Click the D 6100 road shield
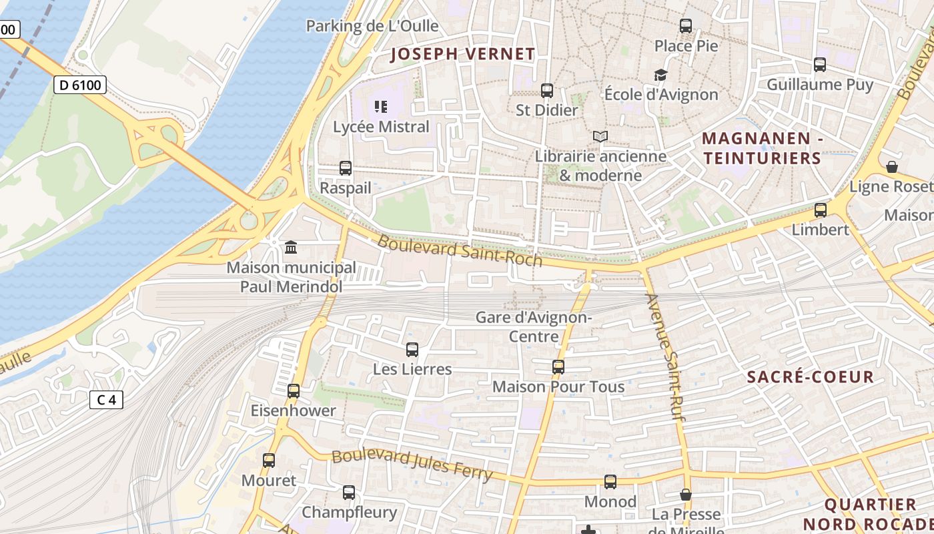tap(79, 85)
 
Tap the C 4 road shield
tap(106, 400)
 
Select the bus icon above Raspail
tap(345, 168)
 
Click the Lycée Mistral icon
tap(381, 107)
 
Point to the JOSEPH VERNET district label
tap(462, 54)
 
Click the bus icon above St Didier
tap(547, 90)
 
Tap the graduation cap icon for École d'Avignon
tap(660, 75)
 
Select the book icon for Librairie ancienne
tap(600, 137)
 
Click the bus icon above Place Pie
tap(686, 26)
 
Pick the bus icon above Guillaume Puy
tap(820, 65)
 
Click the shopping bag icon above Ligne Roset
tap(892, 166)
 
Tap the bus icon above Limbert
tap(821, 210)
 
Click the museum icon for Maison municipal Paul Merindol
tap(291, 248)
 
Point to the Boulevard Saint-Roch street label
tap(460, 250)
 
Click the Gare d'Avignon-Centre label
tap(534, 326)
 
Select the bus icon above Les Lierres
tap(412, 349)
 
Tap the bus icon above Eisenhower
tap(294, 391)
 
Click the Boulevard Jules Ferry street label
tap(412, 465)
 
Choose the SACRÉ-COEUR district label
tap(810, 377)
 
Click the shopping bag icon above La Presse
tap(686, 495)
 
